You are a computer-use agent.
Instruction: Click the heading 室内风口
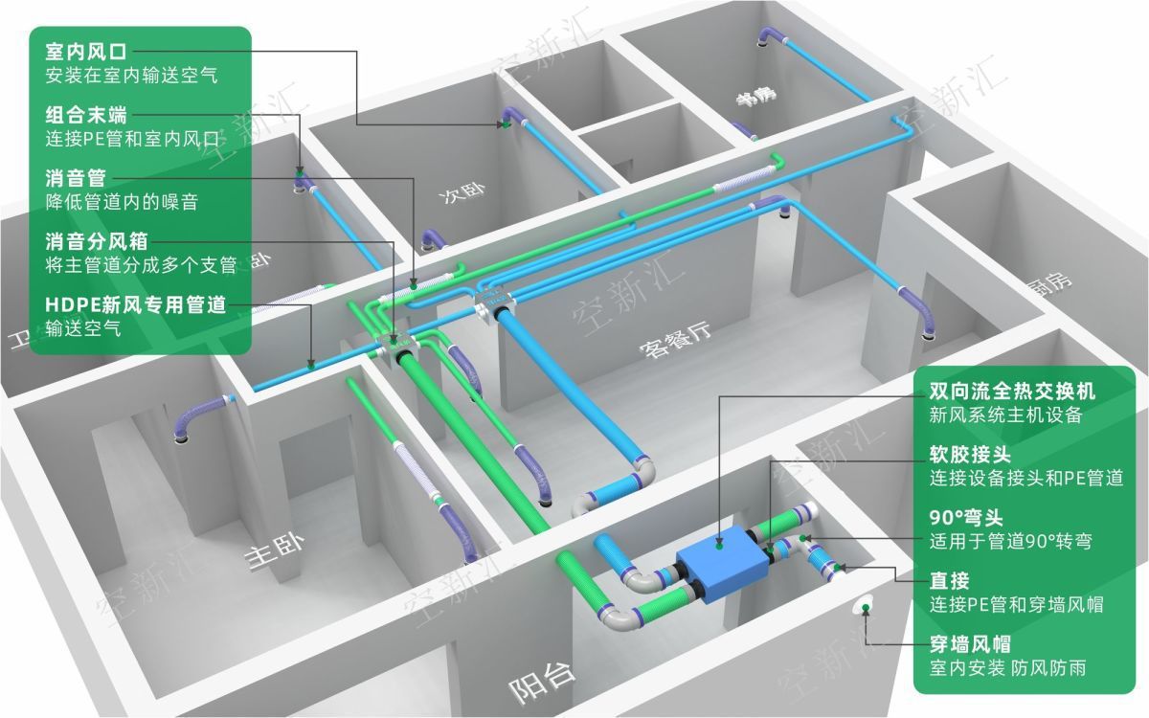(86, 50)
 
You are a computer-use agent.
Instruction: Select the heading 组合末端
(86, 115)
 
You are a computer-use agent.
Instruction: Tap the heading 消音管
(76, 178)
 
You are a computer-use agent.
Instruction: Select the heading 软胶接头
(970, 454)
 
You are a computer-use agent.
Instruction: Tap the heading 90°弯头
(966, 518)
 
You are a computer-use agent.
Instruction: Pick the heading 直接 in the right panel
(950, 580)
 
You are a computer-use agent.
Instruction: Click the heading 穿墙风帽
(970, 643)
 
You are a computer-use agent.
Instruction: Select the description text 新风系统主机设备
(1005, 415)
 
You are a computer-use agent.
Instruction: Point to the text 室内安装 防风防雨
(1007, 668)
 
